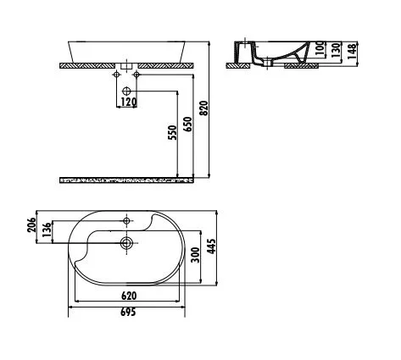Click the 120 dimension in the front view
tap(127, 102)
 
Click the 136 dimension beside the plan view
tap(48, 230)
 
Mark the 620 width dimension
tap(129, 296)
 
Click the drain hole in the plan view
tap(126, 243)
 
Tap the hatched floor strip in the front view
tap(127, 180)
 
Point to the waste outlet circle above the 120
tap(126, 90)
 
